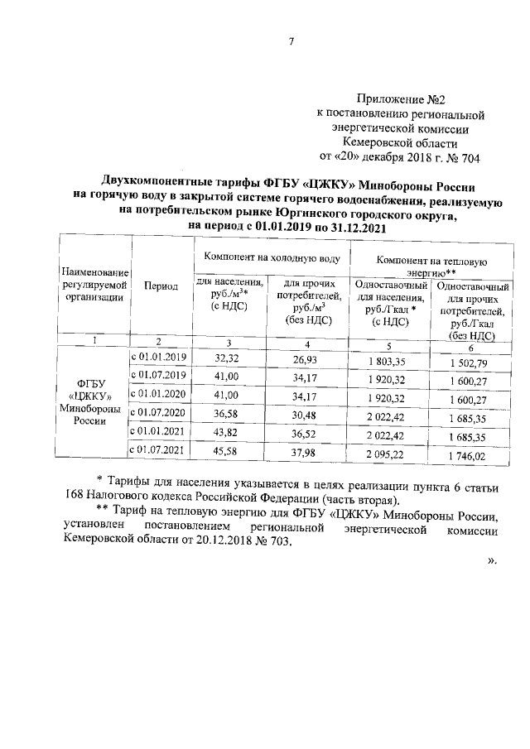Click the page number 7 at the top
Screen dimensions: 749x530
point(292,43)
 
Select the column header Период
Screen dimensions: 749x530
point(161,286)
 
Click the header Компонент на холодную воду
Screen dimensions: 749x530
point(271,257)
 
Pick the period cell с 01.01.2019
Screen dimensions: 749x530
point(161,357)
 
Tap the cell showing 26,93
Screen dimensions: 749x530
point(306,358)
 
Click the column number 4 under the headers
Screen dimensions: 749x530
point(306,342)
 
